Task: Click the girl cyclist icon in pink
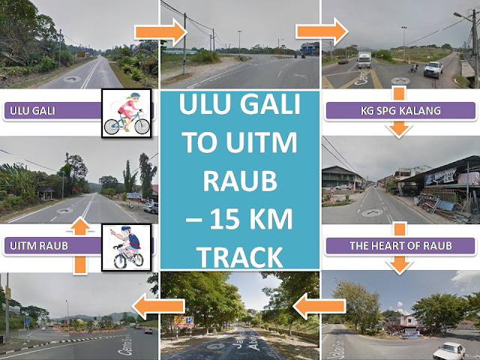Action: pos(126,112)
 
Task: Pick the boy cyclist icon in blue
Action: pos(126,248)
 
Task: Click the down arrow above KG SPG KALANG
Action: pos(400,92)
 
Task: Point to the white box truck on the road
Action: pos(364,59)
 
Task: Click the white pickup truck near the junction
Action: pos(433,70)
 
